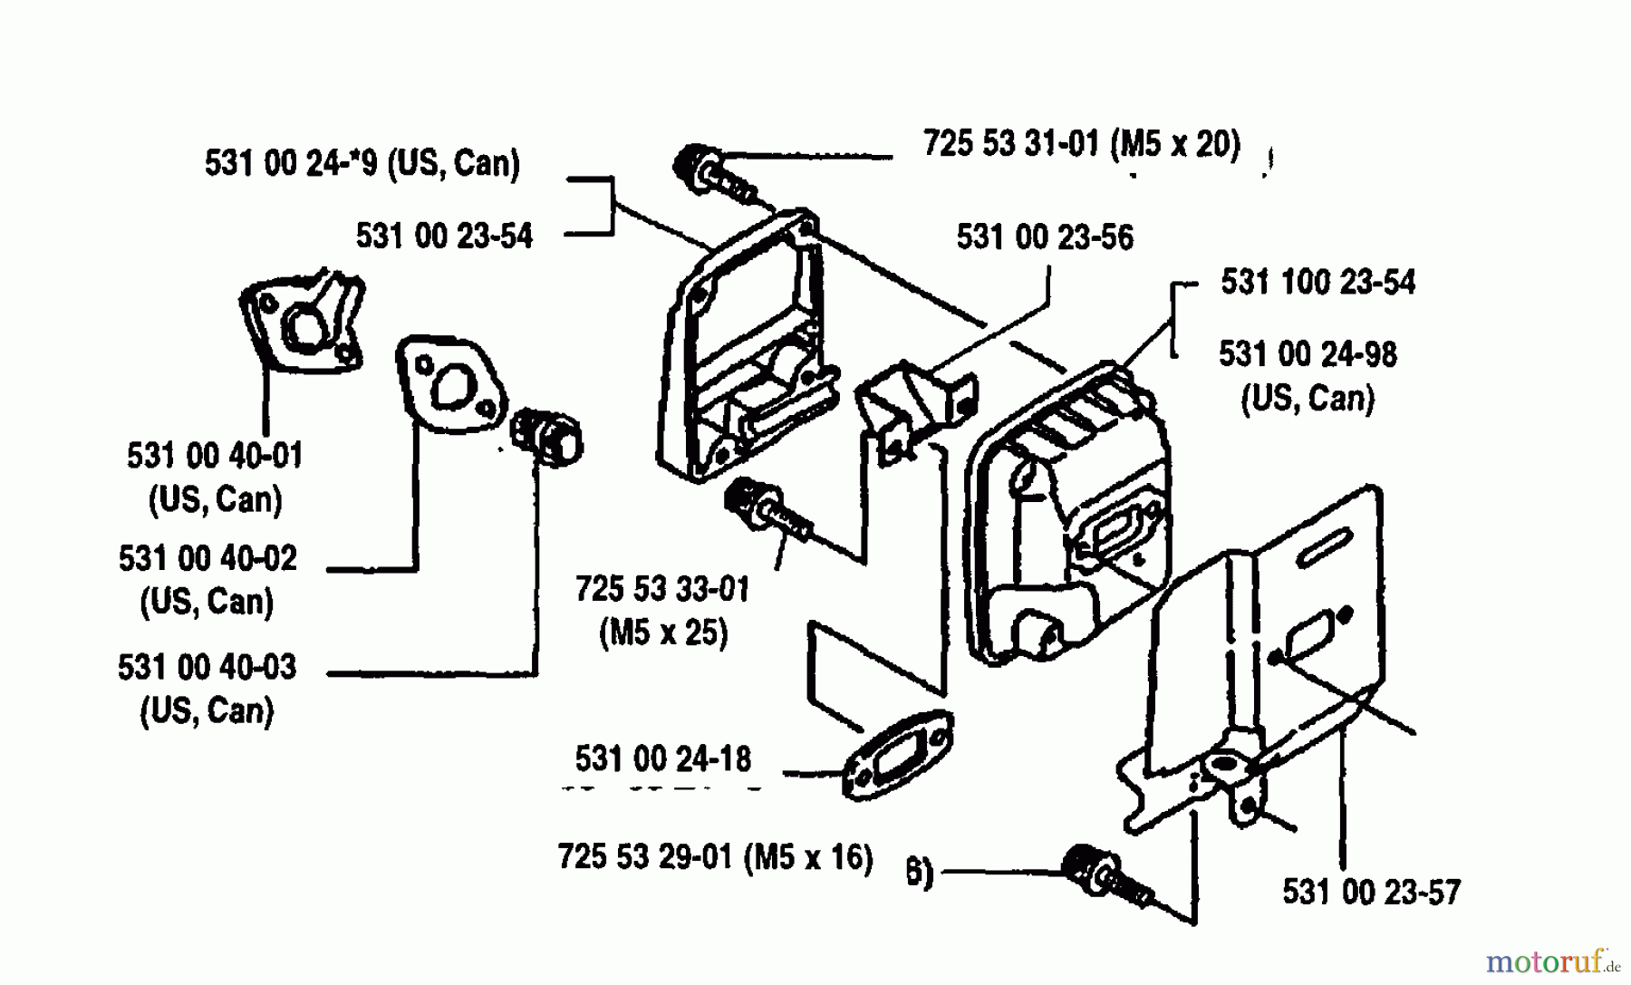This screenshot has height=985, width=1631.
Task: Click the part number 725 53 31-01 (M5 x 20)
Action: click(1081, 144)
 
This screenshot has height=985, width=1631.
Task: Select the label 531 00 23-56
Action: click(1045, 237)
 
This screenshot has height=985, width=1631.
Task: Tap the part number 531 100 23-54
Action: click(1317, 283)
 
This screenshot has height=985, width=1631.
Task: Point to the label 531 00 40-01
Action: click(215, 455)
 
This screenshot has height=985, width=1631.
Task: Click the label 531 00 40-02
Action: click(207, 558)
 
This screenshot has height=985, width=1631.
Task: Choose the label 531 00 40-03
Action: click(207, 667)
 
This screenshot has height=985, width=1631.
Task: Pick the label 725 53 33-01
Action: click(662, 589)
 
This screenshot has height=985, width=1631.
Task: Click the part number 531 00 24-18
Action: click(662, 758)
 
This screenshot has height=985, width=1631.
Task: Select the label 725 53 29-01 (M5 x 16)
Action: click(715, 856)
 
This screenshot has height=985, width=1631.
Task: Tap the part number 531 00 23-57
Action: click(1371, 893)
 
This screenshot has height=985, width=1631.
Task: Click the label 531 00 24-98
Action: click(1308, 354)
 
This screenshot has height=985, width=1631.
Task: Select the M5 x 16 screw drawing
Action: click(1107, 875)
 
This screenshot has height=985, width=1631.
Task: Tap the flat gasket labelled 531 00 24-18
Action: click(897, 755)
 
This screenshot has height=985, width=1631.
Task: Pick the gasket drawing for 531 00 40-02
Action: click(450, 383)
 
